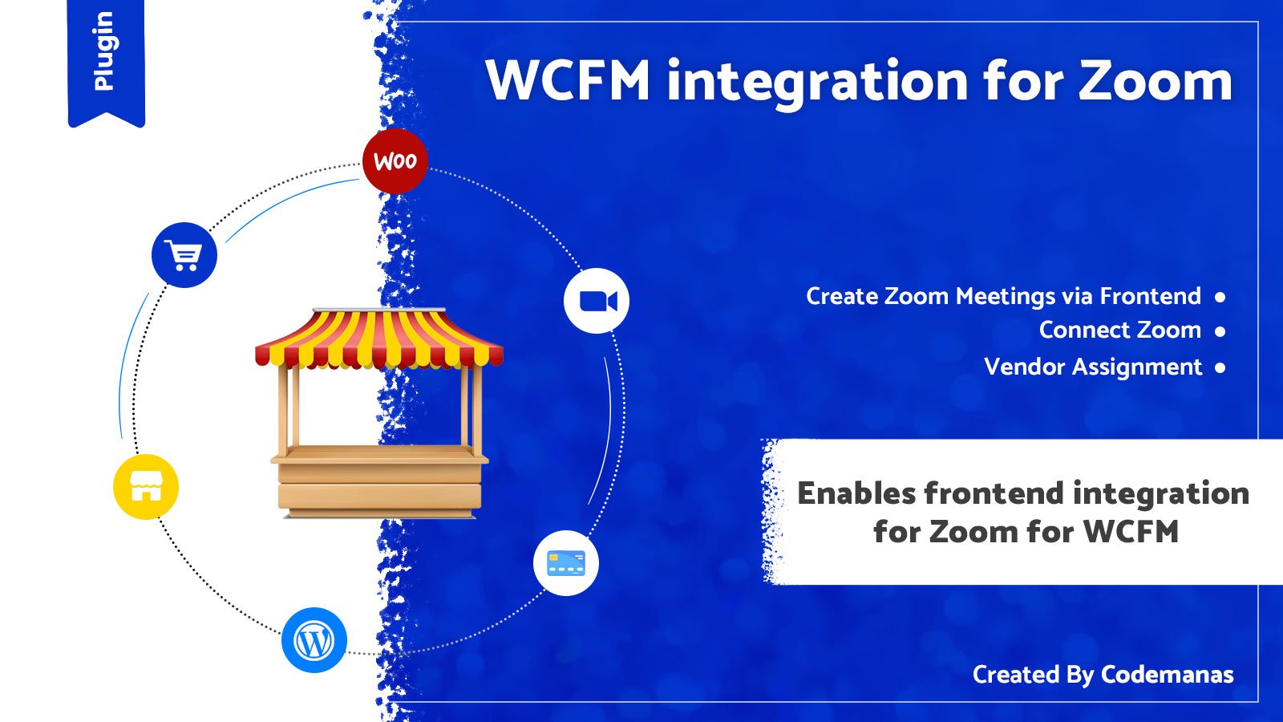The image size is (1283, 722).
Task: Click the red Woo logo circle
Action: pos(395,161)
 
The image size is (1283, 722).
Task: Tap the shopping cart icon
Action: pos(184,255)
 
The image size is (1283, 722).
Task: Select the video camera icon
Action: pos(597,301)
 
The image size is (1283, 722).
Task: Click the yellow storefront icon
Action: pos(146,487)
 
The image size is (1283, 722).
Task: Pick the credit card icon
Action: pos(566,562)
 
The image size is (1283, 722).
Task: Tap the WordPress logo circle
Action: pos(314,640)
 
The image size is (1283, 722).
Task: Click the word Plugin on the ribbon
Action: pos(104,51)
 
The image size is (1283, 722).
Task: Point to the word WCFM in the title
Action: pos(568,80)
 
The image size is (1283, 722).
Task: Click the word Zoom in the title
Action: pos(1155,80)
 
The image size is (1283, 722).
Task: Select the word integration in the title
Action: pos(817,84)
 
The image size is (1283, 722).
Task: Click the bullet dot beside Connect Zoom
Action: pos(1220,331)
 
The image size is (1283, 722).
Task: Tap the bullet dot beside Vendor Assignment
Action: pos(1220,367)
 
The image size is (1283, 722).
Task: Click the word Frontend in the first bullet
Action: pos(1150,296)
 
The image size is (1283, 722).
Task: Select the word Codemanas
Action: pos(1167,675)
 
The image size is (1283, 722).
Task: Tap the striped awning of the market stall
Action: pos(378,339)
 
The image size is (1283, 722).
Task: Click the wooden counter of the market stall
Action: pos(379,481)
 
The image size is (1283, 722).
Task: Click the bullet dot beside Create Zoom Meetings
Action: pos(1220,297)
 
